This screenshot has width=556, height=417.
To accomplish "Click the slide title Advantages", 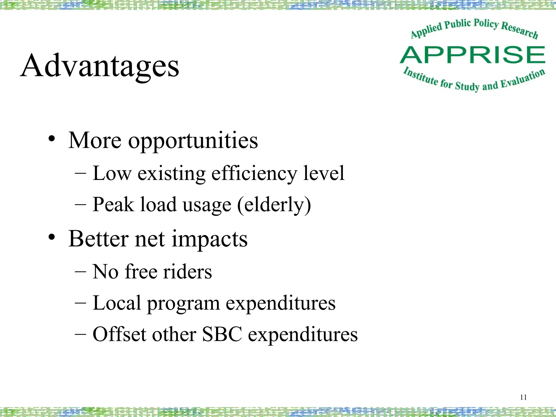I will (x=100, y=66).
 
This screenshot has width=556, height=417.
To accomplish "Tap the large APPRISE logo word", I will (x=472, y=55).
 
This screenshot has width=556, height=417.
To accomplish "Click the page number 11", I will (x=523, y=397).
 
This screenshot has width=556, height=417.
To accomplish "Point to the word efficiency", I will (x=254, y=174).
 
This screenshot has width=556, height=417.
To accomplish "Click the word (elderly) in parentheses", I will (x=274, y=205).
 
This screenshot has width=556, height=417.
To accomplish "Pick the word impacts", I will (x=210, y=239).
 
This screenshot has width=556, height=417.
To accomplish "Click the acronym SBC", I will (x=222, y=334).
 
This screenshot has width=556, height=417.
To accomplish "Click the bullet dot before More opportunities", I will (x=52, y=139).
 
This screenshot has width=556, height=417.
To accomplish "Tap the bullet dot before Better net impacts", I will (x=52, y=237).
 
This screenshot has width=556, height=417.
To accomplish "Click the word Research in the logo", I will (x=519, y=30).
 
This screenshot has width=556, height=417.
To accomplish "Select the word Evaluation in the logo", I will (x=522, y=79).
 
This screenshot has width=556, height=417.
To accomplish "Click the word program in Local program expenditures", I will (x=183, y=304).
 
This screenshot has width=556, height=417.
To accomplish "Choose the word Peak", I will (x=113, y=204).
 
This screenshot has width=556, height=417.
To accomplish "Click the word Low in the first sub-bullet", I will (x=112, y=173).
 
